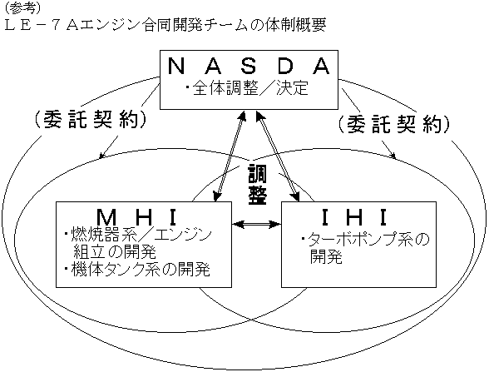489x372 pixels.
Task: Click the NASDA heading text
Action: click(249, 66)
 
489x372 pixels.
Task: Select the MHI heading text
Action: click(136, 217)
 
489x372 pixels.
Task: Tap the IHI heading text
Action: click(354, 217)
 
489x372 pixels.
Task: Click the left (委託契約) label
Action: click(90, 119)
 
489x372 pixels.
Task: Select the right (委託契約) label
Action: click(394, 124)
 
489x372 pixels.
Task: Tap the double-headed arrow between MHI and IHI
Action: click(257, 224)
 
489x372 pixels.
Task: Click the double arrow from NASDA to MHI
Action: click(230, 156)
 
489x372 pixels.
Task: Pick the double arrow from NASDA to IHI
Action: click(278, 156)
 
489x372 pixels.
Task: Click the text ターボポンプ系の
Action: click(366, 240)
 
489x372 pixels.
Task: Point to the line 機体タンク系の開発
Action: click(137, 269)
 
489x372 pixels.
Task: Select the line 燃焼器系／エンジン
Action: click(138, 235)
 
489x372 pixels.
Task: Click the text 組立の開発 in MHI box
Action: click(115, 251)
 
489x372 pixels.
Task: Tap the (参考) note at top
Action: click(22, 8)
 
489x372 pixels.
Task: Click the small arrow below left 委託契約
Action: click(108, 146)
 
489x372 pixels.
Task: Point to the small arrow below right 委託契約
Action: click(388, 149)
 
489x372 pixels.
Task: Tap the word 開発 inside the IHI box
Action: click(326, 256)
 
